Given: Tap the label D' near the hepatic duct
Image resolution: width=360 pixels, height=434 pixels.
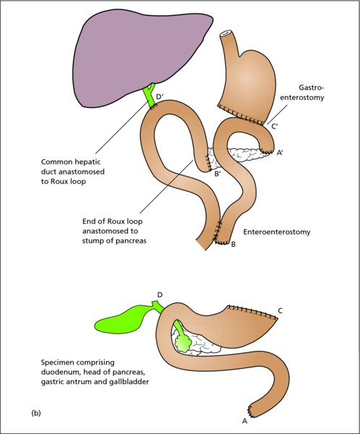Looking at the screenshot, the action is click(160, 97).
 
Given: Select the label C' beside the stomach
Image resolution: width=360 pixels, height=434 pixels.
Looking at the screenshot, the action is click(274, 127).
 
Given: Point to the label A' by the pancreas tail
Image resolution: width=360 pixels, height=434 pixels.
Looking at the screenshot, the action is click(279, 153).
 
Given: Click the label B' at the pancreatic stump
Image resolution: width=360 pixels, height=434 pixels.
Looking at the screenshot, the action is click(218, 174).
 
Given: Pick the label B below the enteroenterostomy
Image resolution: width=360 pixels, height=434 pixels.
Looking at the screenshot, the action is click(233, 244).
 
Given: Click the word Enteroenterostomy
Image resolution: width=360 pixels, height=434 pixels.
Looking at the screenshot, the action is click(277, 231).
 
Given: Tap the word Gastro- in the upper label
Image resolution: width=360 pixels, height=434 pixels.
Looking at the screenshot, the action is click(311, 88).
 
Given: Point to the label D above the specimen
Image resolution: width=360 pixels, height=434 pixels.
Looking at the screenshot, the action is click(160, 295).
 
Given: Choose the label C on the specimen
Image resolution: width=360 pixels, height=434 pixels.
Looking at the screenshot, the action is click(280, 311).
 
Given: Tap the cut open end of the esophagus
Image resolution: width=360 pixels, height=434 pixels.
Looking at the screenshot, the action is click(226, 33).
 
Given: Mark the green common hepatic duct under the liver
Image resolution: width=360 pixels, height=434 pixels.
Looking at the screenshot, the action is click(150, 95).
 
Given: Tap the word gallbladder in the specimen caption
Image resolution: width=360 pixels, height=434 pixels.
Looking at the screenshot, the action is click(131, 382).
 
